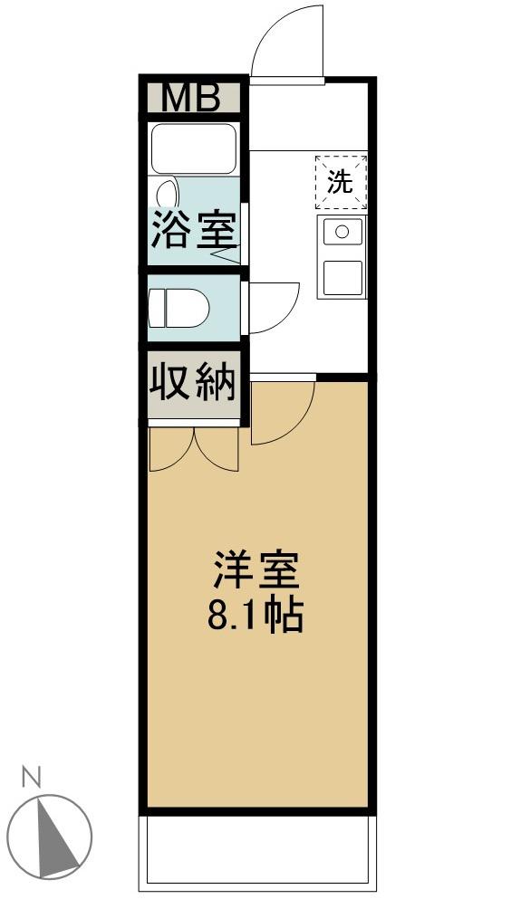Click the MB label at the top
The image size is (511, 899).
[x=191, y=98]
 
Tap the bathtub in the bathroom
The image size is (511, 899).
[x=193, y=148]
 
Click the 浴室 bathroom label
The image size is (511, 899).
[x=193, y=230]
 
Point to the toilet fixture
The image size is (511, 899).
[x=179, y=308]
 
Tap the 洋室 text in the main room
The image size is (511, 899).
[x=255, y=571]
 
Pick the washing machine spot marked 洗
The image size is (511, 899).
[x=341, y=182]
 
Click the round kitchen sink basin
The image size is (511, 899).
[x=342, y=232]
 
